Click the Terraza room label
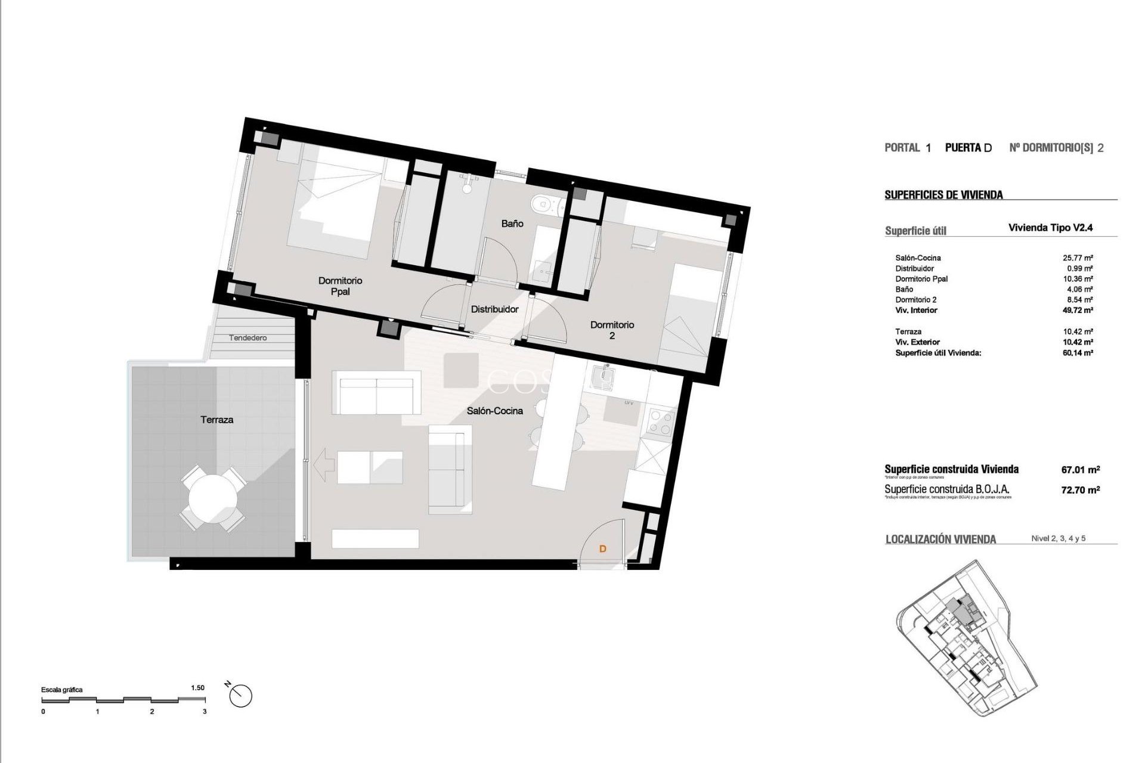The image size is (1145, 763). pyautogui.click(x=216, y=420)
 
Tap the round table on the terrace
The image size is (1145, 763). pyautogui.click(x=213, y=499)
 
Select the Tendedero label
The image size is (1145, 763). pyautogui.click(x=248, y=338)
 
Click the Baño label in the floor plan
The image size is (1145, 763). pyautogui.click(x=512, y=224)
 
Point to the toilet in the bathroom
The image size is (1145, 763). pyautogui.click(x=544, y=204)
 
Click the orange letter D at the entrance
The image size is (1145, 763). pyautogui.click(x=602, y=548)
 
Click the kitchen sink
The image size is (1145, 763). pyautogui.click(x=606, y=377)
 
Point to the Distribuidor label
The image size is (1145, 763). pyautogui.click(x=494, y=309)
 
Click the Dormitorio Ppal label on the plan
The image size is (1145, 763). pyautogui.click(x=340, y=286)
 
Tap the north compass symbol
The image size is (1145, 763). pyautogui.click(x=241, y=696)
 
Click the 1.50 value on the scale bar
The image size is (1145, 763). pyautogui.click(x=197, y=688)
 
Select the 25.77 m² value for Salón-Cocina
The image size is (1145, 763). pyautogui.click(x=1078, y=258)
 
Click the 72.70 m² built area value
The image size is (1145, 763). pyautogui.click(x=1081, y=489)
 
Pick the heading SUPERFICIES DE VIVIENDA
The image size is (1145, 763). pyautogui.click(x=943, y=195)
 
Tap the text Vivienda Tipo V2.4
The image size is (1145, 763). pyautogui.click(x=1050, y=227)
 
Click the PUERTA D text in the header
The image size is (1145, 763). pyautogui.click(x=968, y=148)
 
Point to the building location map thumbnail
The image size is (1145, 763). pyautogui.click(x=967, y=638)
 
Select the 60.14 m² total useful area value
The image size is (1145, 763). pyautogui.click(x=1078, y=353)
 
